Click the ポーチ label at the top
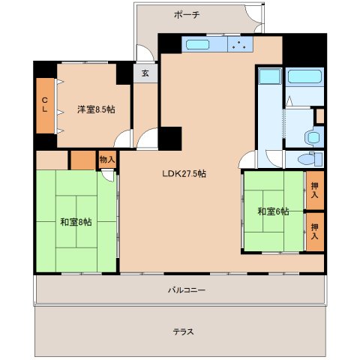click(x=186, y=15)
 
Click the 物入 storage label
click(x=107, y=159)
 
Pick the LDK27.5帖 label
click(x=184, y=173)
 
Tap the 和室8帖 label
click(x=76, y=221)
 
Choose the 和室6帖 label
click(x=272, y=211)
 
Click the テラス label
click(x=182, y=331)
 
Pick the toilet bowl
click(x=306, y=160)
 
